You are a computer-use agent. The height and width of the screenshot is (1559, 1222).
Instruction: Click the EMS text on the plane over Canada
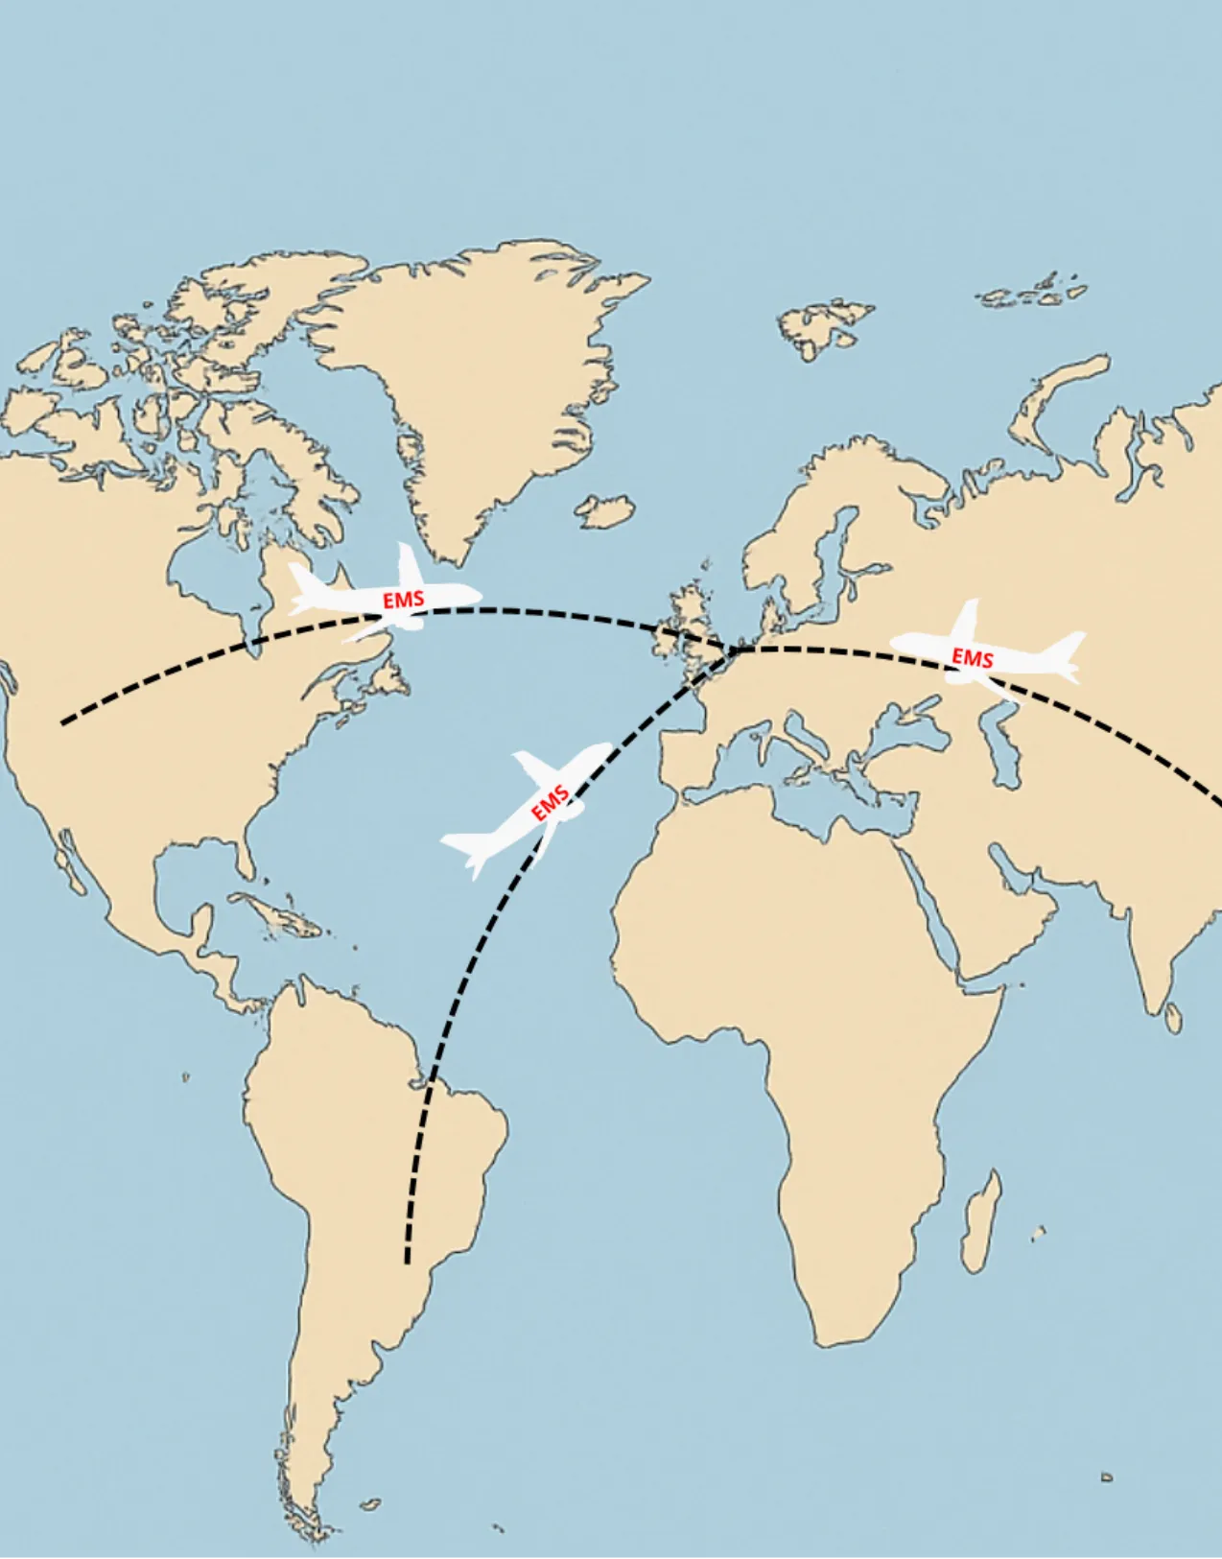coord(403,601)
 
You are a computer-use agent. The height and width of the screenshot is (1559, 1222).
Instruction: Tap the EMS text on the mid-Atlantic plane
coord(551,803)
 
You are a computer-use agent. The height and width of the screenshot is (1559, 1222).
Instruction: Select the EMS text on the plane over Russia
coord(972,658)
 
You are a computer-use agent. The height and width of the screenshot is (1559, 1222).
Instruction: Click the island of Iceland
coord(604,510)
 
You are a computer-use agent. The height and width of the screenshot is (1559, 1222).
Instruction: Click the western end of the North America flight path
coord(63,721)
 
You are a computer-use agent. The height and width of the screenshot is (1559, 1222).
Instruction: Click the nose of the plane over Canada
coord(477,595)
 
